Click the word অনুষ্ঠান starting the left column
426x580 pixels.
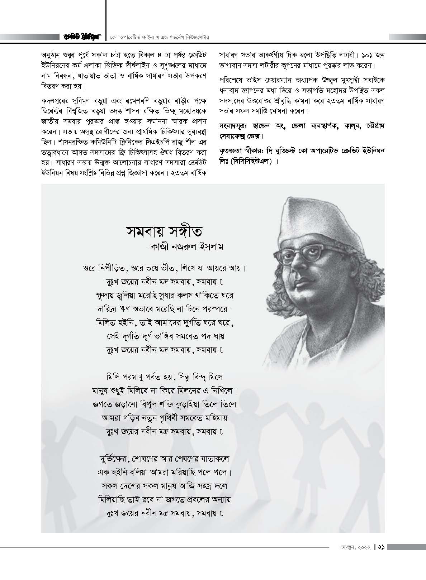click(x=51, y=56)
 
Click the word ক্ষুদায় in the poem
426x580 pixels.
click(x=101, y=295)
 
